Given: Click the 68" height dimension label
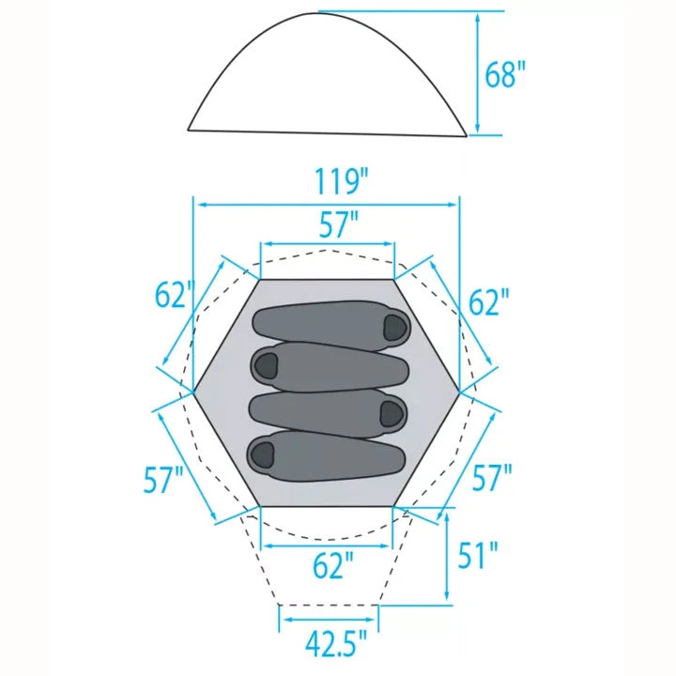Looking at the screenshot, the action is [505, 74].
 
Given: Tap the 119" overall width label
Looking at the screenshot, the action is [343, 181].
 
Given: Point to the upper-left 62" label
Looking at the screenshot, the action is [175, 295].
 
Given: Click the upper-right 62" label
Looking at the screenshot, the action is [488, 301].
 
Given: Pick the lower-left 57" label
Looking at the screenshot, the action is [163, 479].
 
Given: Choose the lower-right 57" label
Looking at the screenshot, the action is [492, 477].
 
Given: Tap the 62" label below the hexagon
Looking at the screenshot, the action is [332, 565].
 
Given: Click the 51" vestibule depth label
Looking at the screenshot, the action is [477, 555].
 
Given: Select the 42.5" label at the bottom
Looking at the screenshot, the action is [336, 644].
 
